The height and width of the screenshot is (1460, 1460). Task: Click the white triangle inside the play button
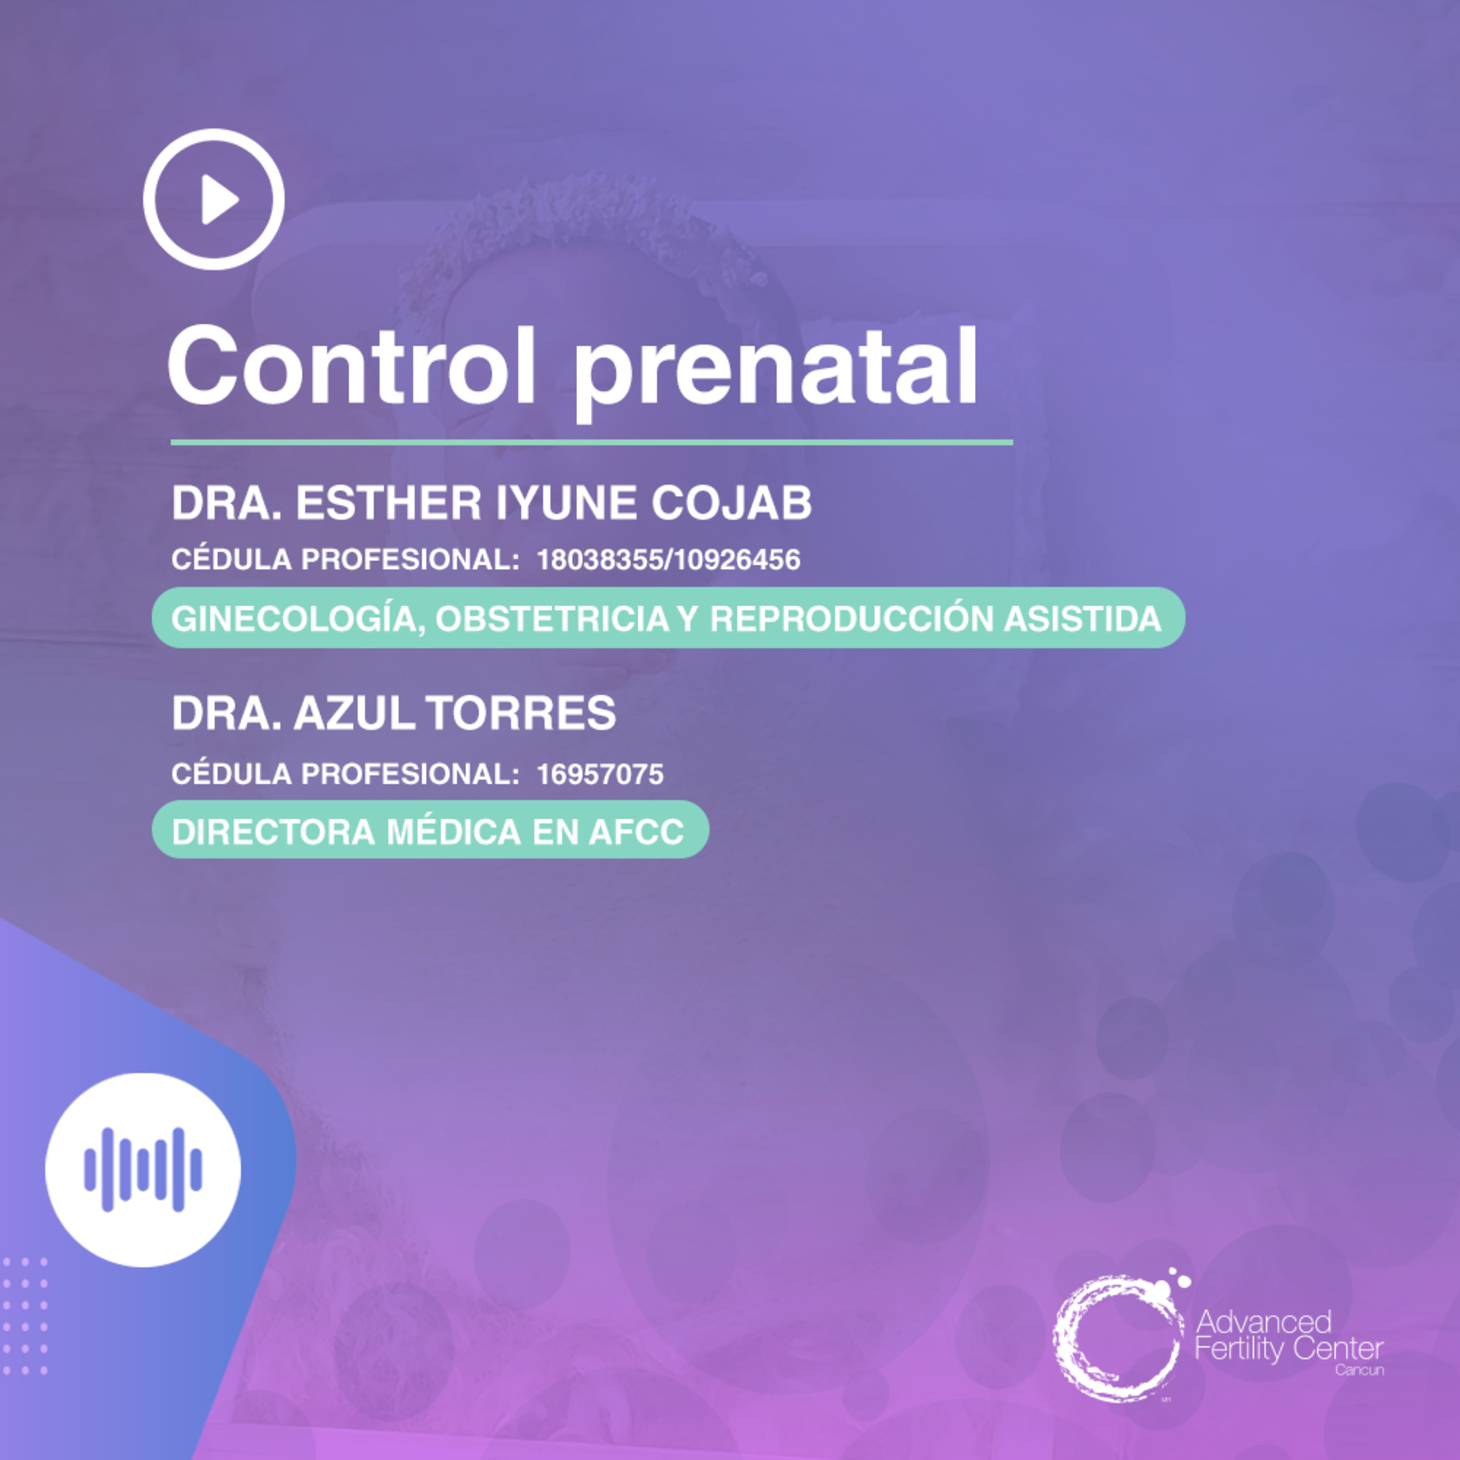click(x=219, y=200)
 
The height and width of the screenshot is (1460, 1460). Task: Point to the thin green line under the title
click(x=592, y=442)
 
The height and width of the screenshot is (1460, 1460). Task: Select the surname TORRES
click(x=521, y=712)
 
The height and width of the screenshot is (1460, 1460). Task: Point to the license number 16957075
click(x=600, y=774)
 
